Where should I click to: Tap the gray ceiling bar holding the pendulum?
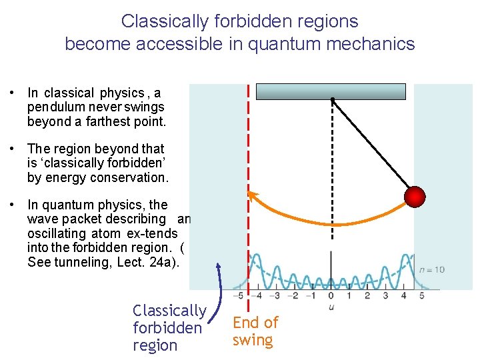point(331,91)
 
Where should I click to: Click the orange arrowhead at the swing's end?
point(252,195)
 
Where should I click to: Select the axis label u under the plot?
point(331,306)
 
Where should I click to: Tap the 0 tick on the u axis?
point(331,295)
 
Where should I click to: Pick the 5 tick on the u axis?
point(421,295)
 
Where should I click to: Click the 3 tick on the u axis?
point(385,295)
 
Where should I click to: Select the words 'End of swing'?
point(255,331)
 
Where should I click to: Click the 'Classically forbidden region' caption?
point(169,328)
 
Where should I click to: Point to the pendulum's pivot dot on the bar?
point(332,100)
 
